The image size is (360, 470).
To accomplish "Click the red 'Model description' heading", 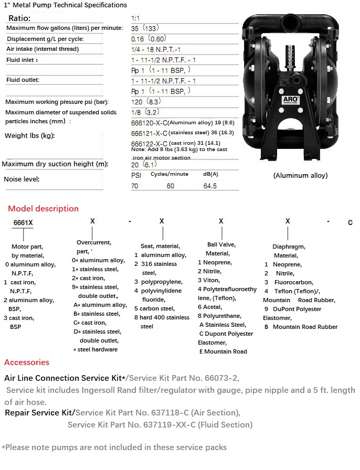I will [x=43, y=208].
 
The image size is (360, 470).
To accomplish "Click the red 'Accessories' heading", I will [x=27, y=362].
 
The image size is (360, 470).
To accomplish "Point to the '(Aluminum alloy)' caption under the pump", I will [x=300, y=176].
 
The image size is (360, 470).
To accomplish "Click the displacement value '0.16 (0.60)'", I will [x=149, y=39].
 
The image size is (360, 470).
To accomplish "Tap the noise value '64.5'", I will [x=210, y=186].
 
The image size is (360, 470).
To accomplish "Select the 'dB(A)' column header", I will [x=210, y=174].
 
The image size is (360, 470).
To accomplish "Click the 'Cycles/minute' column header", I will [x=170, y=174].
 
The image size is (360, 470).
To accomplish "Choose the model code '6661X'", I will [x=23, y=222].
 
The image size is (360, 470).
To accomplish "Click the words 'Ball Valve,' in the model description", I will [x=221, y=244].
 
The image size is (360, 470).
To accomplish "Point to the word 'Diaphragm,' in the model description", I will [x=289, y=247].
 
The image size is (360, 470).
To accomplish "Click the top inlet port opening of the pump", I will [x=288, y=23].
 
